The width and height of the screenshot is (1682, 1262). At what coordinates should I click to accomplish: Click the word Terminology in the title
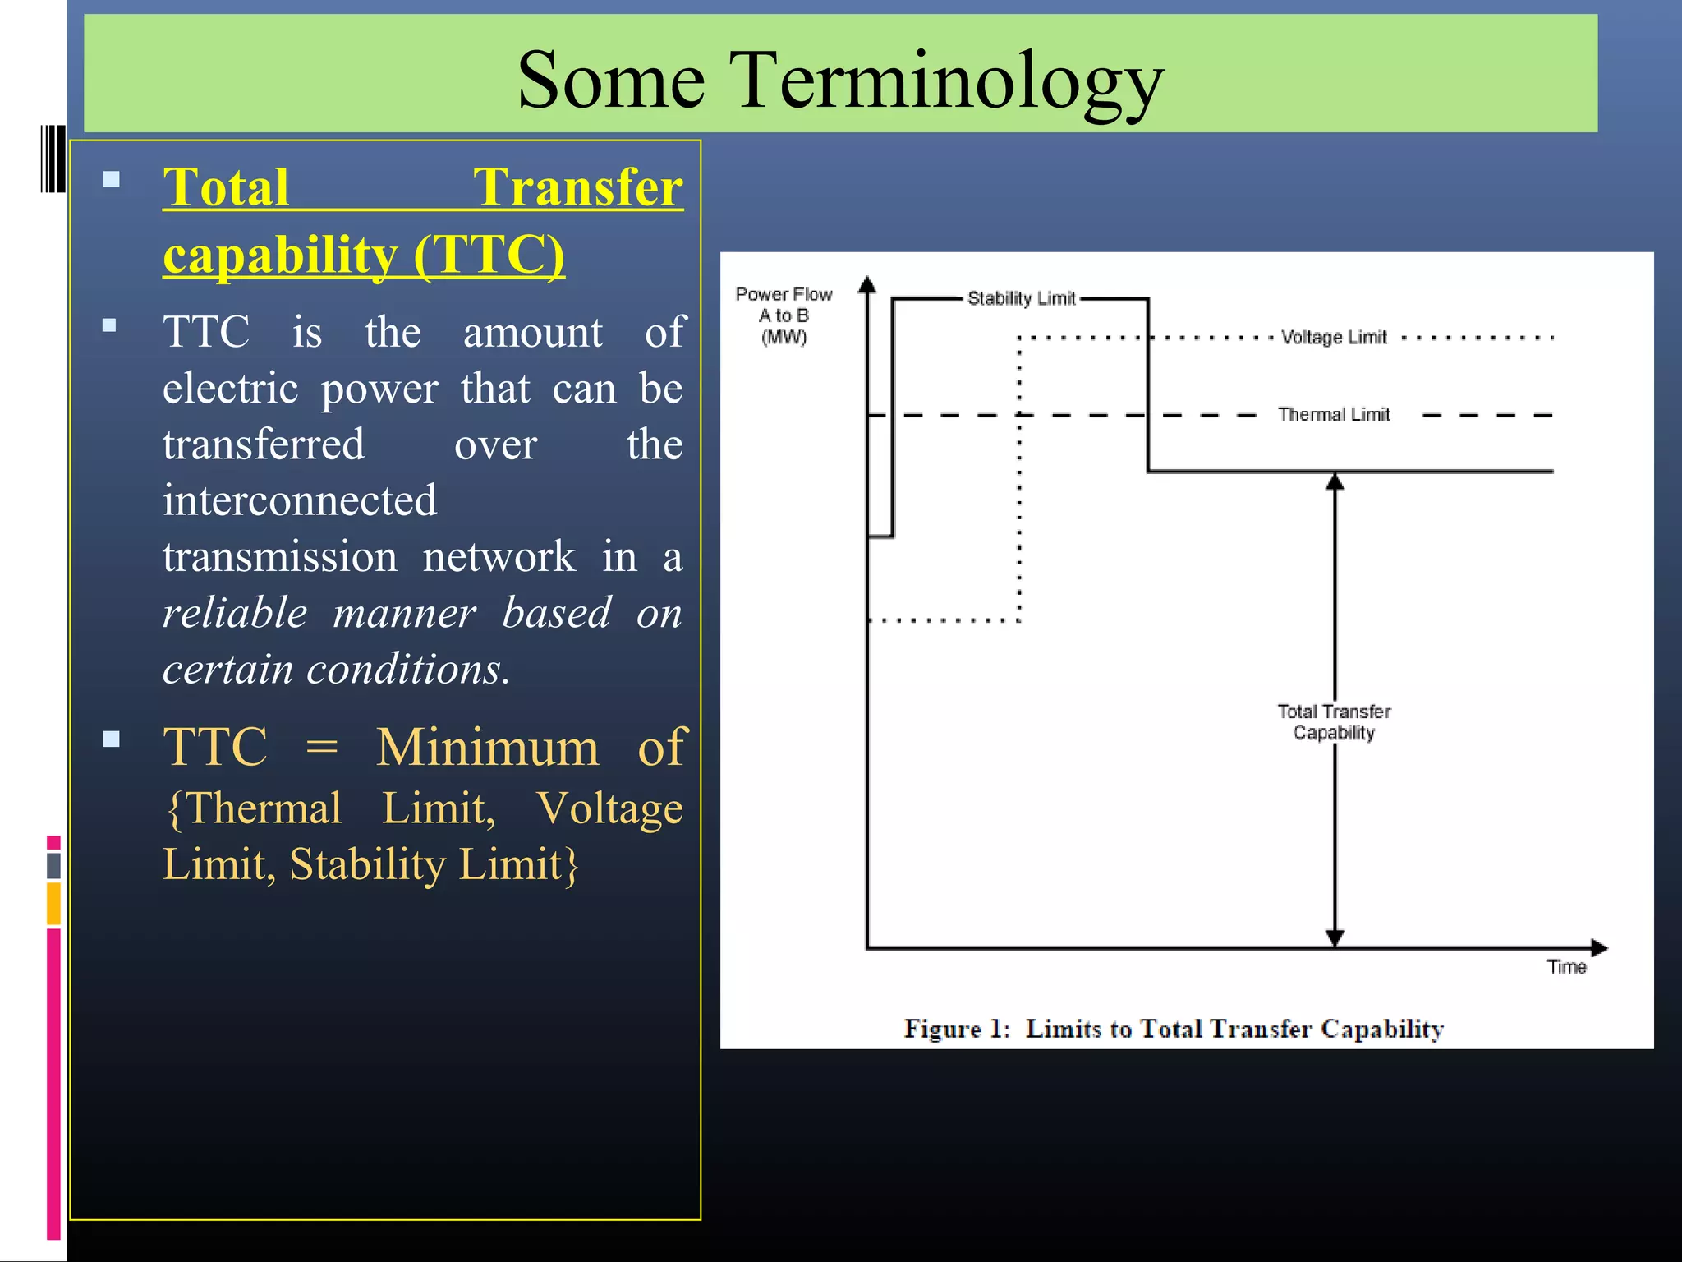click(x=949, y=81)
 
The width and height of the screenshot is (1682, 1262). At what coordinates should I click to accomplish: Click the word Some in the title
click(x=611, y=81)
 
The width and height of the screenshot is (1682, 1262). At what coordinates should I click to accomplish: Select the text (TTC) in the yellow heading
click(x=489, y=255)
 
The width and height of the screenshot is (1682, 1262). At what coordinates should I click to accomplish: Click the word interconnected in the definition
click(x=300, y=500)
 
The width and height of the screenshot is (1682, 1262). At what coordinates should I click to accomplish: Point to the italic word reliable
click(x=235, y=613)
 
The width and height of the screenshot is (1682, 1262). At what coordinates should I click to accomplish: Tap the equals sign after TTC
click(x=321, y=747)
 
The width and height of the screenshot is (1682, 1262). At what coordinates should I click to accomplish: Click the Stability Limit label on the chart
click(x=1021, y=298)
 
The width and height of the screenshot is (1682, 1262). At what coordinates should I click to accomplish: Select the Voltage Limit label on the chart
click(x=1334, y=337)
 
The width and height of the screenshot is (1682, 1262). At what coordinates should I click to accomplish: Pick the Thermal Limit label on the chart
click(x=1334, y=414)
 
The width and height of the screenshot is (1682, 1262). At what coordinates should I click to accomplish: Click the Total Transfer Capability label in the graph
click(x=1334, y=721)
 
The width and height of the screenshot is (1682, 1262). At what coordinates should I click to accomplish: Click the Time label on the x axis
click(x=1566, y=967)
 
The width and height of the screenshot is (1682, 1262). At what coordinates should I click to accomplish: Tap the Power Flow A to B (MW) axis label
click(x=784, y=315)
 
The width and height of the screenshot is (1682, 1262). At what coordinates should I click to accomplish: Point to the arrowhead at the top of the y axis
click(x=867, y=285)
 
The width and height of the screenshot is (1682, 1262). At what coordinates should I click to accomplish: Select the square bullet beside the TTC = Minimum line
click(x=112, y=739)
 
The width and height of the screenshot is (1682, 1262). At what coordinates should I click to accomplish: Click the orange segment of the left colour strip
click(x=54, y=903)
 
